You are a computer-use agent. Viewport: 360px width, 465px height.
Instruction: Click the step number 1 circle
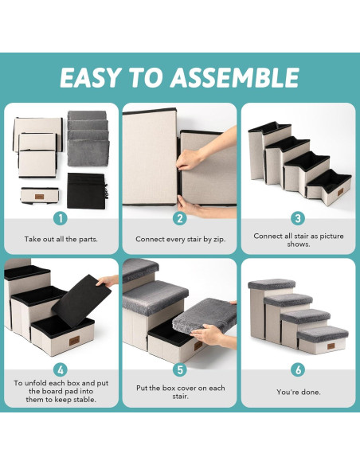pos(61,218)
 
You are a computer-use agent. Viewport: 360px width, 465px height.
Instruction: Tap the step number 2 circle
pos(180,218)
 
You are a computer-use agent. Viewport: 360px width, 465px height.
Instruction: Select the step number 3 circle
pos(298,218)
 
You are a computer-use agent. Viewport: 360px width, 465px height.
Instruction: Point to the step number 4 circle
pos(61,369)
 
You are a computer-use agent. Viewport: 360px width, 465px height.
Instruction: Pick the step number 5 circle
pos(180,369)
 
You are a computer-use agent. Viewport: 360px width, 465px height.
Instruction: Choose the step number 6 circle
pos(298,369)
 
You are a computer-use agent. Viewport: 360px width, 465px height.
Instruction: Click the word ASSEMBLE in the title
pos(234,78)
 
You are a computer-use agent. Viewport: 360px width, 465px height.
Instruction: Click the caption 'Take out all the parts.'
pos(61,239)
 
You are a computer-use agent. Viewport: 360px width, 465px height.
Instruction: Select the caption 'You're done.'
pos(299,392)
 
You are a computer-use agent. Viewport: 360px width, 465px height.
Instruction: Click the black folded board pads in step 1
pos(87,190)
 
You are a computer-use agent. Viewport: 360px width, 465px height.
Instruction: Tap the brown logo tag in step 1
pos(39,197)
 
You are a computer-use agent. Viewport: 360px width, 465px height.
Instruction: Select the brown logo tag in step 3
pos(340,192)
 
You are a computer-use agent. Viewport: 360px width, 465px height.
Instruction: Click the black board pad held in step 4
pos(81,301)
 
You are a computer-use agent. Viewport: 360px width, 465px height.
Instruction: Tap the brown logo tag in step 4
pos(74,341)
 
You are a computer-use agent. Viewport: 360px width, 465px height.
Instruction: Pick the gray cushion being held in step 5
pos(205,315)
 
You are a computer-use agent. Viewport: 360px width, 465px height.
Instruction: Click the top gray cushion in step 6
pos(272,284)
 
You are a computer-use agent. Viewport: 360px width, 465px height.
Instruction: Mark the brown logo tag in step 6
pos(331,346)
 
